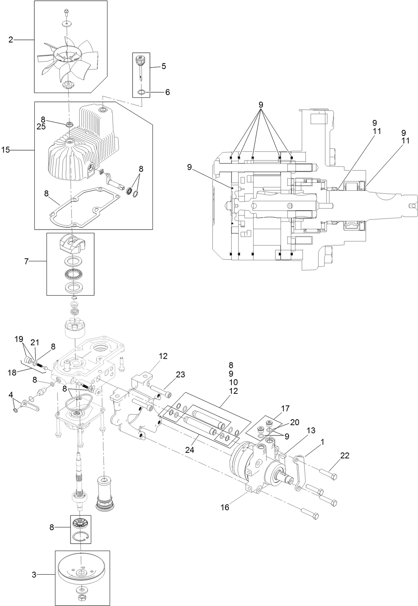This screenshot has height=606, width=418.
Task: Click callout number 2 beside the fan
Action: (x=11, y=40)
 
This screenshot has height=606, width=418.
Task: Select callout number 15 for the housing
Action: (x=6, y=150)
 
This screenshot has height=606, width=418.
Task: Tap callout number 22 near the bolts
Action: (x=345, y=455)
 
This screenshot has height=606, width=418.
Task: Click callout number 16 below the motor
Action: (x=225, y=507)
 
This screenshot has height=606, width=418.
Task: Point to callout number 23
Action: (x=180, y=374)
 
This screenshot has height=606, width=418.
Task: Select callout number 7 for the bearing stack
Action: (x=26, y=261)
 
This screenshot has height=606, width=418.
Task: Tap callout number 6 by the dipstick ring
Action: (x=167, y=92)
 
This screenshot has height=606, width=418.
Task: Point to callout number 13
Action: (x=311, y=430)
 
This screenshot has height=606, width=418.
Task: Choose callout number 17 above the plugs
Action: (x=285, y=409)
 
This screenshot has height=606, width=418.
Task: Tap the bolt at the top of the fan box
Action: (x=66, y=12)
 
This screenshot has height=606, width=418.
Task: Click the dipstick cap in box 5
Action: (x=141, y=59)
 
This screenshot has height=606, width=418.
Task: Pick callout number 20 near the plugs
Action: (x=295, y=422)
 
